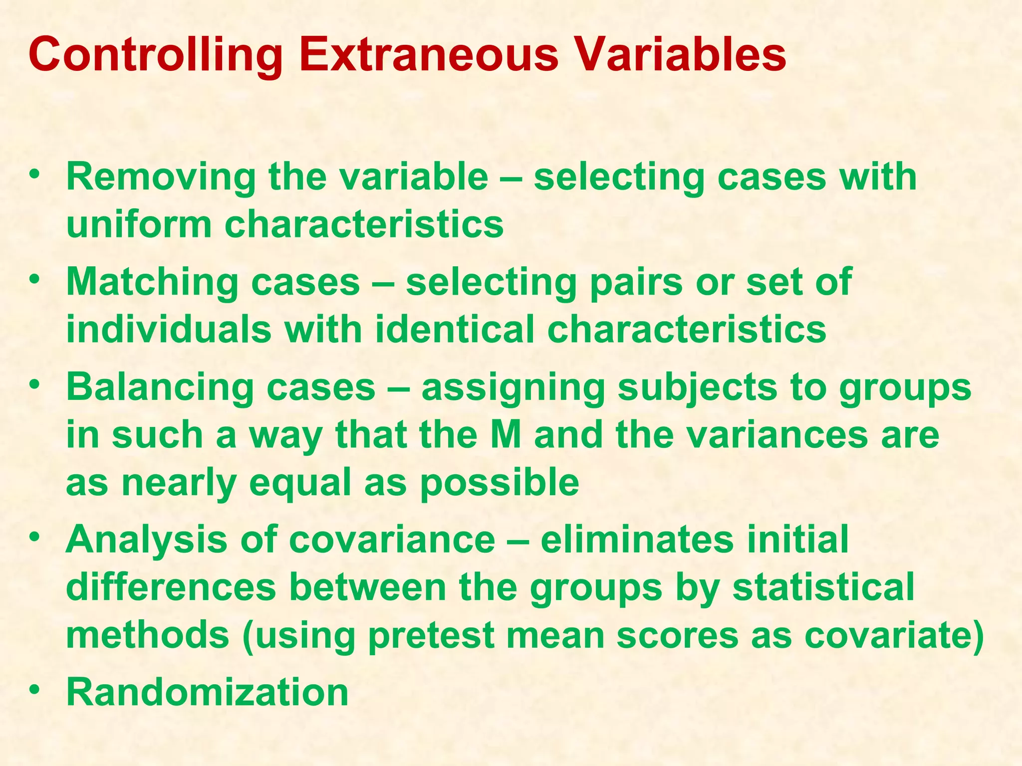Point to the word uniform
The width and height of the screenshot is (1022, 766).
pyautogui.click(x=139, y=224)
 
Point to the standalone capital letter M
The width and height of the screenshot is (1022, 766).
pyautogui.click(x=506, y=435)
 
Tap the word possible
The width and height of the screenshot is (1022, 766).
pyautogui.click(x=500, y=483)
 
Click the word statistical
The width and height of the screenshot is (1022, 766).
pyautogui.click(x=823, y=587)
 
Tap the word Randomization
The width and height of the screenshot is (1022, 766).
pyautogui.click(x=207, y=692)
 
